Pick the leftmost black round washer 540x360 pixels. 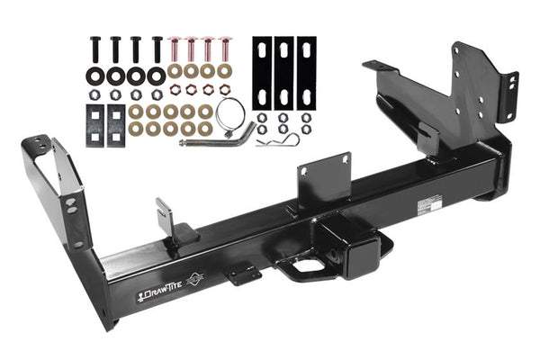coord(95,76)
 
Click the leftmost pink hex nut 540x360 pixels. coord(175,91)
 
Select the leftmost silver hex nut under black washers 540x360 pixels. coord(95,94)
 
